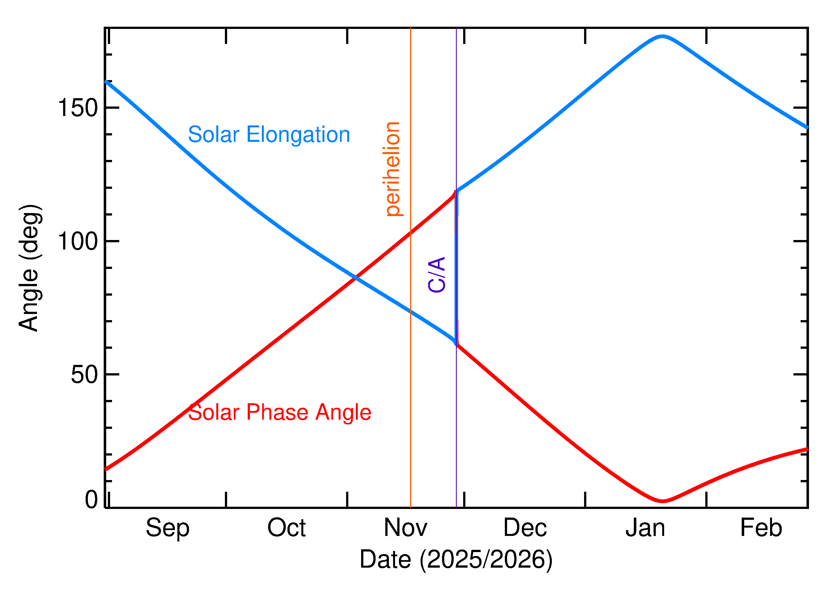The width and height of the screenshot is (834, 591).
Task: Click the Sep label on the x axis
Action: point(167,528)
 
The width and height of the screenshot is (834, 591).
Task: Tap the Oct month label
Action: point(287,528)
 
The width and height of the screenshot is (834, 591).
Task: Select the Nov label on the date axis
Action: point(406,528)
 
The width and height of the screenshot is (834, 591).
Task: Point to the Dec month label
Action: point(525,528)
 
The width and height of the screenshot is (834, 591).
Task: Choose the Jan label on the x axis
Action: point(645,528)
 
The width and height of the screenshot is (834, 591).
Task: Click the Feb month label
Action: point(761,528)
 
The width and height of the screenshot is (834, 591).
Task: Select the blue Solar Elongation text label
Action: point(269,135)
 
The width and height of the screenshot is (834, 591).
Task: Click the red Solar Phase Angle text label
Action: point(279,412)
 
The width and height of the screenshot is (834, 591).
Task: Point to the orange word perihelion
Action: point(393,169)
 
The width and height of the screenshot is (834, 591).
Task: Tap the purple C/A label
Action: point(437,275)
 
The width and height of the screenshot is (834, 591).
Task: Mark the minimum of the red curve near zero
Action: point(663,501)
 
